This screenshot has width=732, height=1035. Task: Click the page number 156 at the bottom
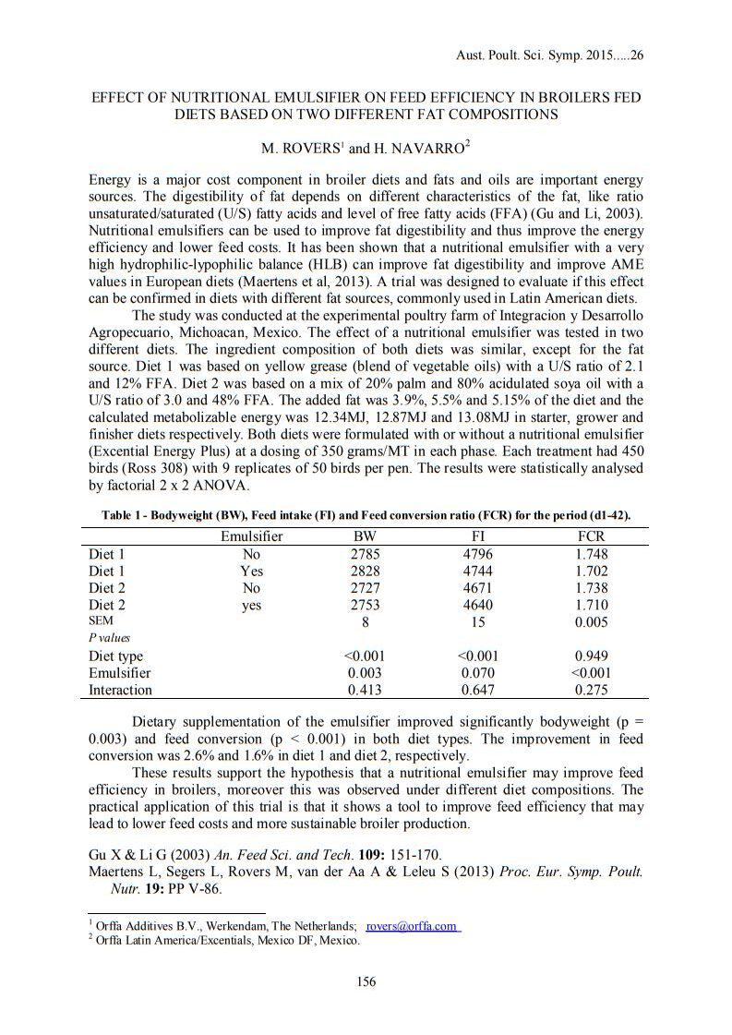(x=366, y=982)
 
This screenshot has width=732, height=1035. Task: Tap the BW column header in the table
(x=366, y=536)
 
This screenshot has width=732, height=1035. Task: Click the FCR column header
(x=591, y=536)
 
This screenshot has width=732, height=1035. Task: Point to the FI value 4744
(x=478, y=572)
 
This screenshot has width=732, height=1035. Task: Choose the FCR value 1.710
(x=591, y=606)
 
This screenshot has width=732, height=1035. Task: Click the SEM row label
(x=101, y=621)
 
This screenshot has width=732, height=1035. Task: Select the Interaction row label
(x=120, y=690)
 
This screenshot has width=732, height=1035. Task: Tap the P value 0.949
(x=591, y=656)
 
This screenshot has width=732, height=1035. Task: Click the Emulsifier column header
(x=251, y=536)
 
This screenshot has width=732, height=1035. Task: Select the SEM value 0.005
(x=591, y=622)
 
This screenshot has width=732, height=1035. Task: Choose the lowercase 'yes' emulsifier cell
(x=251, y=606)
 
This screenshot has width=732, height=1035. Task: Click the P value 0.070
(x=478, y=673)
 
